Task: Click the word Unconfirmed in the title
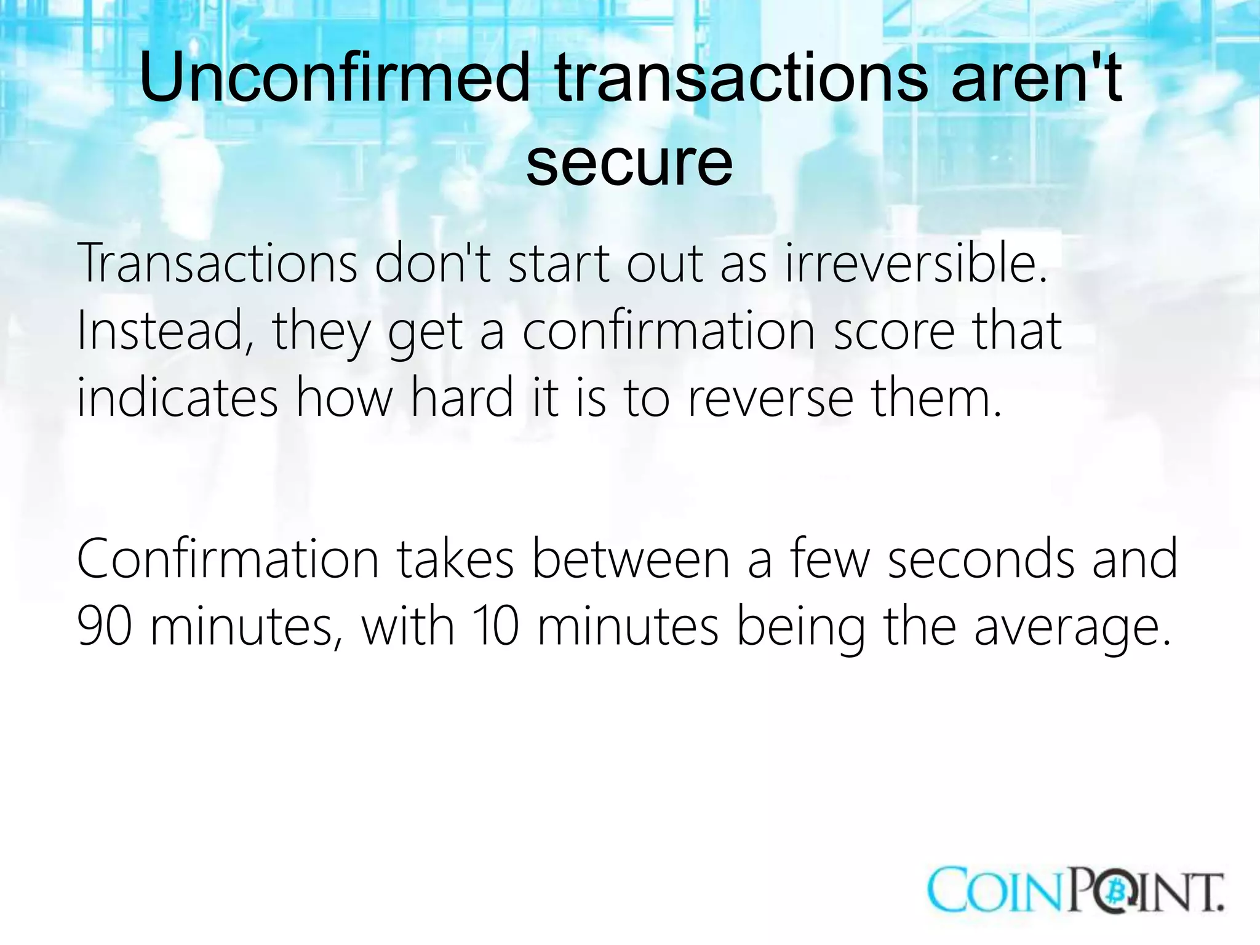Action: (335, 79)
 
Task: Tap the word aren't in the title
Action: (1036, 79)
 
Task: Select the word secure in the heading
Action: (629, 162)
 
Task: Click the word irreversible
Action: (915, 263)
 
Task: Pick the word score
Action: (894, 331)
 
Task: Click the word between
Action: (630, 559)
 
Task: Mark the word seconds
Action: (980, 559)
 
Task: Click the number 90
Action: (105, 626)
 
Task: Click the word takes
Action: (455, 559)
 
